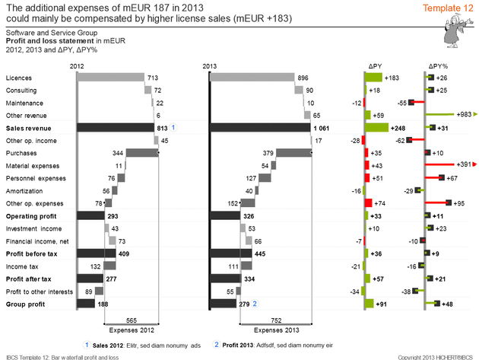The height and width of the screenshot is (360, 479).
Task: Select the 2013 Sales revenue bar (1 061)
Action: pyautogui.click(x=259, y=128)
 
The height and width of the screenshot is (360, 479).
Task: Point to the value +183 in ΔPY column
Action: pyautogui.click(x=392, y=78)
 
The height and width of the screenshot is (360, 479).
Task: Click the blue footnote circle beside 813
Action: pyautogui.click(x=174, y=127)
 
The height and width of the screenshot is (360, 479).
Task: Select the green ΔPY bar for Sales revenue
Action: pyautogui.click(x=376, y=128)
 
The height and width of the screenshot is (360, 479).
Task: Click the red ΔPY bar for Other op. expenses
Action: pyautogui.click(x=369, y=203)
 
